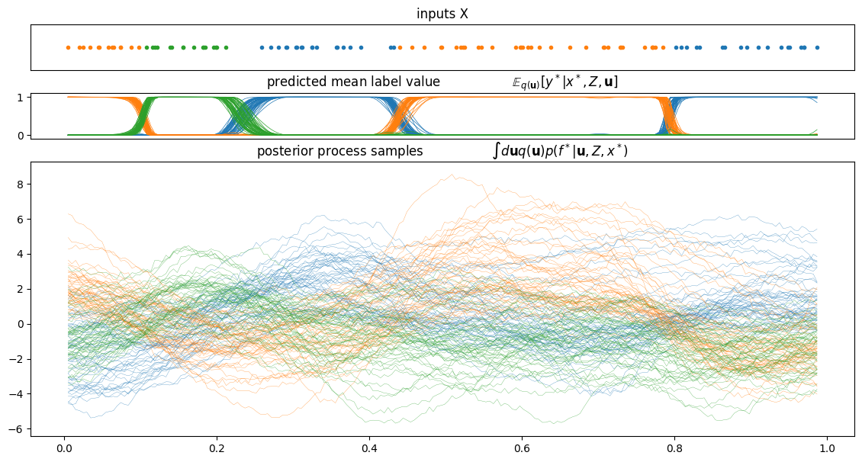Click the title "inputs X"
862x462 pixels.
click(x=442, y=14)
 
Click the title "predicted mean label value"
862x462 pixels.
click(x=353, y=82)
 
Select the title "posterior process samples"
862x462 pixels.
click(x=339, y=151)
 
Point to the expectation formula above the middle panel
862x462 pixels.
click(x=564, y=82)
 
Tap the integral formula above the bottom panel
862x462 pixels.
click(x=560, y=151)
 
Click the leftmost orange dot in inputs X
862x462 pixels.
click(x=68, y=48)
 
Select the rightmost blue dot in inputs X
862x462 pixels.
click(x=817, y=48)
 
